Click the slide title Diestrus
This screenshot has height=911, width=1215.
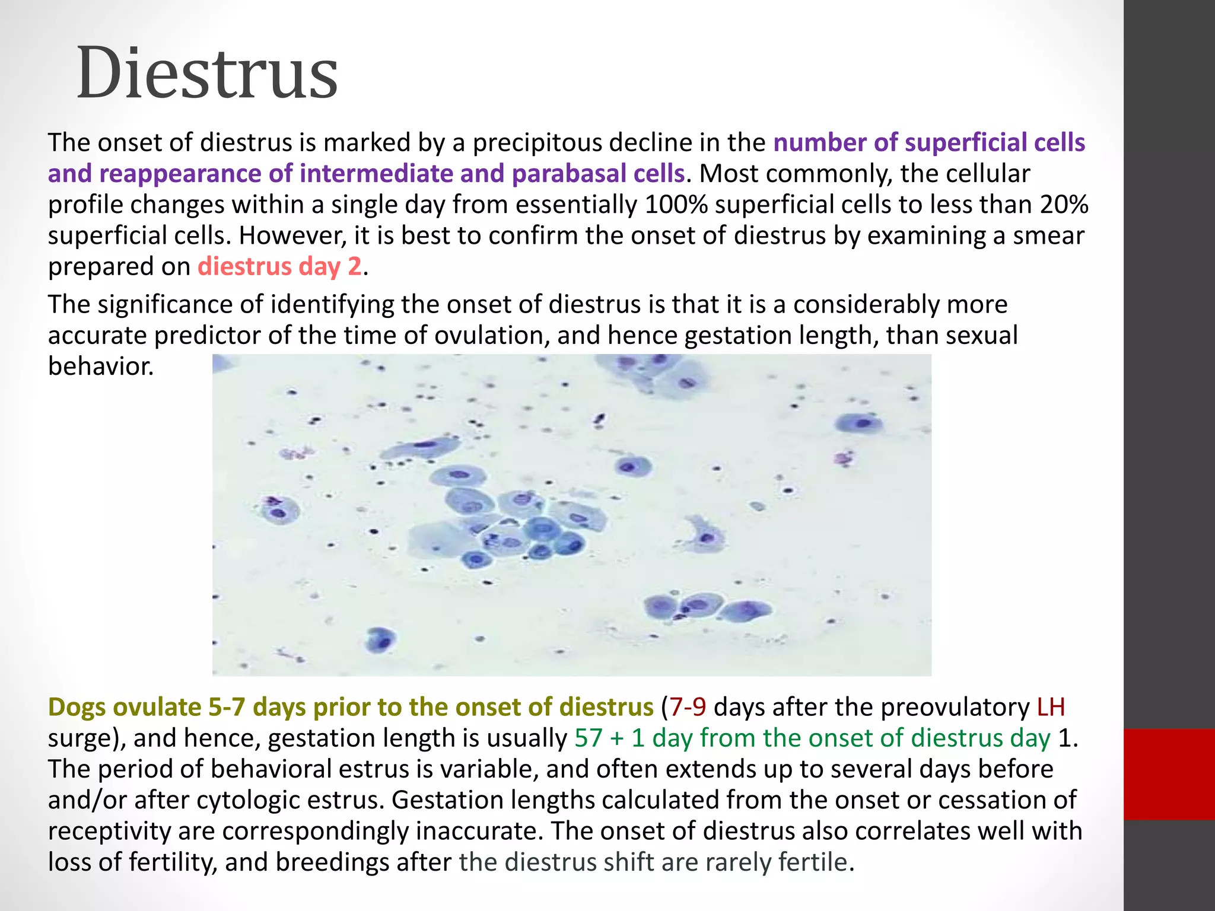tap(207, 74)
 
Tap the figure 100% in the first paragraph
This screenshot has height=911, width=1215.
tap(676, 205)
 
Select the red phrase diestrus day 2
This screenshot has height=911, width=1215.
tap(279, 266)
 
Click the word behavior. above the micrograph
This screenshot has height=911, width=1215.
tap(101, 366)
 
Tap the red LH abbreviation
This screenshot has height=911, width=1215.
tap(1051, 707)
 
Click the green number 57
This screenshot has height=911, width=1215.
tap(589, 738)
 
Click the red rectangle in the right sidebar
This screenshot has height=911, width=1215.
tap(1169, 774)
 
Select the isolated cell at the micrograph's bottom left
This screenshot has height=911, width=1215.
tap(380, 641)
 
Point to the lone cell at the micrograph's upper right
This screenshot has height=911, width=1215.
tap(860, 423)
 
